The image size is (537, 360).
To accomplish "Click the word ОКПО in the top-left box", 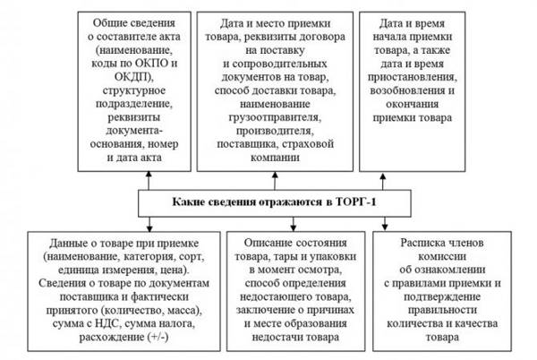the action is click(151, 64).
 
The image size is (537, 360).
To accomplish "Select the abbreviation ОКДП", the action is click(132, 77).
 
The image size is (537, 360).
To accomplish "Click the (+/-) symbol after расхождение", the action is click(158, 337).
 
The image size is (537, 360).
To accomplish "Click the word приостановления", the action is click(413, 77).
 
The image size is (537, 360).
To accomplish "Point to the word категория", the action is click(149, 256).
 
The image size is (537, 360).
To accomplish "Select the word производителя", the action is click(274, 131).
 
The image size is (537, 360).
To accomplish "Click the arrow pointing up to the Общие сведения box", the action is click(149, 181).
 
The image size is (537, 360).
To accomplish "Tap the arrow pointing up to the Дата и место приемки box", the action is click(275, 181).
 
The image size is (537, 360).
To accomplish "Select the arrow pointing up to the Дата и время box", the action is click(383, 181).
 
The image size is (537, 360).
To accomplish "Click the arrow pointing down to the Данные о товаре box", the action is click(149, 225).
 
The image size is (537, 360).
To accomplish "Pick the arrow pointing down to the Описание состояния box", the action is click(293, 224).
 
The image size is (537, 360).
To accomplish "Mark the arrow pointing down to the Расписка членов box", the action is click(385, 224).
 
